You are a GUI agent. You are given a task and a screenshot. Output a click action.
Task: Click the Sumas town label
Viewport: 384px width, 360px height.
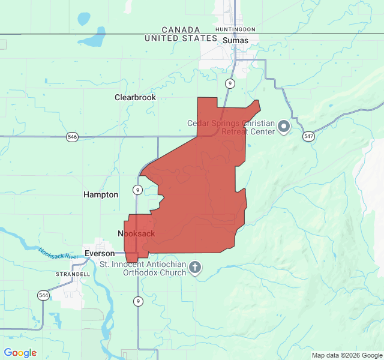[x=235, y=40]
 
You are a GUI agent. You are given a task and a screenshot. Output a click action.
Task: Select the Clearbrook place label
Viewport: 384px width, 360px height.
[x=135, y=97]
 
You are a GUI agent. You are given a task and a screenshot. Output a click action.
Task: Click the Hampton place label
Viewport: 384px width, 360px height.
[x=101, y=194]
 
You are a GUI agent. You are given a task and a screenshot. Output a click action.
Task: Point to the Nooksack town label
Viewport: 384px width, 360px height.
[x=136, y=233]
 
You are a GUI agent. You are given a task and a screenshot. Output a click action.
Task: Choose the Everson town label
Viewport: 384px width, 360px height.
[x=99, y=253]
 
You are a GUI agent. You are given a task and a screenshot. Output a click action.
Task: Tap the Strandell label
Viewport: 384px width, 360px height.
[x=73, y=274]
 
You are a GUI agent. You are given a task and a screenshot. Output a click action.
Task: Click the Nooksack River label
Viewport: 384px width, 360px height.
[x=59, y=253]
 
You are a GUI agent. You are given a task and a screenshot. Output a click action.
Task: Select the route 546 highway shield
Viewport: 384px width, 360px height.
[x=72, y=137]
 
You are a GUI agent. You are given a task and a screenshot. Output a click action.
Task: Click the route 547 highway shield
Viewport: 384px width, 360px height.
[x=308, y=136]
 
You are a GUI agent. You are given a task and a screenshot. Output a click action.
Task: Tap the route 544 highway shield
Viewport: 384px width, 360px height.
[x=43, y=295]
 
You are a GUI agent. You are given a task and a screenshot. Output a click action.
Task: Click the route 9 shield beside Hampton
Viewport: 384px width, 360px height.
[x=138, y=190]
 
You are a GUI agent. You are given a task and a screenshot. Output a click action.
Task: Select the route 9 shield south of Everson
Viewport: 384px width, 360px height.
[x=138, y=301]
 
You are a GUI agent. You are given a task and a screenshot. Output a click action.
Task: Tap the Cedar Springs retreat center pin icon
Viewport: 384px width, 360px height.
[x=283, y=127]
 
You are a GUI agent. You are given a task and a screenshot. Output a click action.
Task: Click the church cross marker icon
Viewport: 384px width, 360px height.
[x=195, y=267]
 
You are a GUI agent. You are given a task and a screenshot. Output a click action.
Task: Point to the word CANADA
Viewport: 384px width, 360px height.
[x=181, y=29]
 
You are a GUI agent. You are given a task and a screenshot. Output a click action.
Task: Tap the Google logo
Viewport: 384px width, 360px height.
[x=20, y=353]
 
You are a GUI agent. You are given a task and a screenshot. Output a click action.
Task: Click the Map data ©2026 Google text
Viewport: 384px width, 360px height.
[x=346, y=355]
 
